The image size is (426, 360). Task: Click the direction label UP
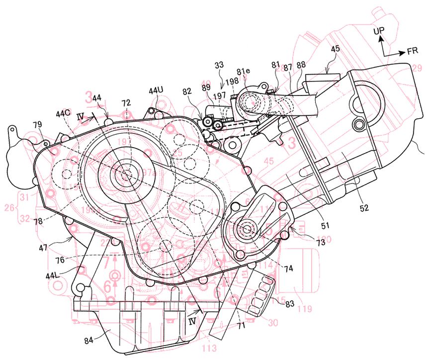click(x=379, y=31)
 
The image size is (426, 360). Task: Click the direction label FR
click(x=412, y=51)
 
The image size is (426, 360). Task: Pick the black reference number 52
click(x=364, y=208)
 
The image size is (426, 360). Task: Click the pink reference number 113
click(x=210, y=349)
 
